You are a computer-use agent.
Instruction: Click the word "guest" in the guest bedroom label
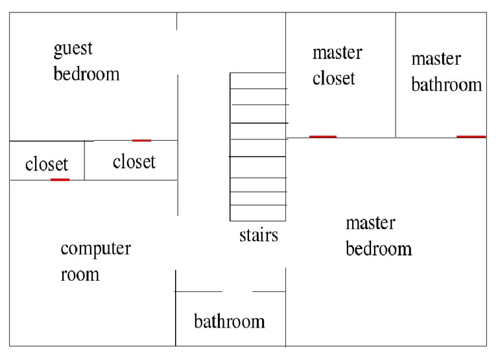73,49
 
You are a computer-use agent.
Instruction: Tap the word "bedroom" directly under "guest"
86,73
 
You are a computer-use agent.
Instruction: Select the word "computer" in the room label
95,249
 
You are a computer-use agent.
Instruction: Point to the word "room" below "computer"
80,274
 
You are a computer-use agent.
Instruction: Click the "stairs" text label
258,234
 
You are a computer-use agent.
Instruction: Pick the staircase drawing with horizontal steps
258,147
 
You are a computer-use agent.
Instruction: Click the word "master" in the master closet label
337,53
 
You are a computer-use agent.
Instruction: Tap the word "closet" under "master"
333,78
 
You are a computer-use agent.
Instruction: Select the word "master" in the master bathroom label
436,59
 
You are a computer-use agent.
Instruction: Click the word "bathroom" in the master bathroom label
447,85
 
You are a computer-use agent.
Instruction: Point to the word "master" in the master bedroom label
370,224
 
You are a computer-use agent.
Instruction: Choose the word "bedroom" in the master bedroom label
379,248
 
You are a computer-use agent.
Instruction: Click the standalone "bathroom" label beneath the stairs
230,321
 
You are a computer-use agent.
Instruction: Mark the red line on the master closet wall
322,137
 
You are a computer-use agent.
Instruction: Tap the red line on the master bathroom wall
471,137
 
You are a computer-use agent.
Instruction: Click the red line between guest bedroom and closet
141,140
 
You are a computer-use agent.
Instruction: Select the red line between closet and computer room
60,180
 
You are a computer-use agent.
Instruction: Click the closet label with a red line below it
46,164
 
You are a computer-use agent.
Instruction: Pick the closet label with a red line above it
134,161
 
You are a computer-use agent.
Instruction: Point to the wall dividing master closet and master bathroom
396,75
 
